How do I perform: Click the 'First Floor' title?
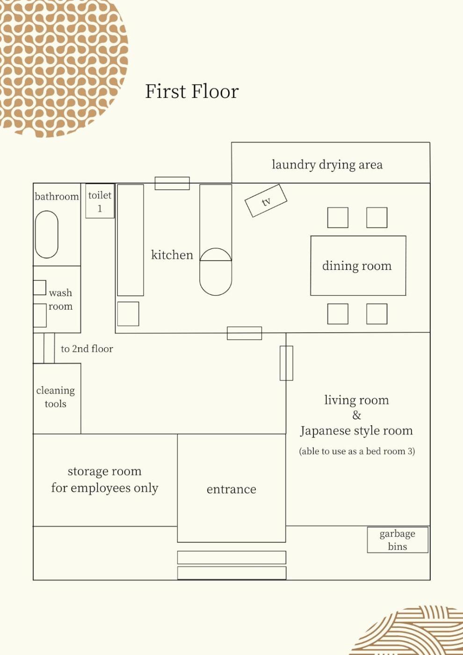point(192,92)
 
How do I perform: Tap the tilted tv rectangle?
point(266,201)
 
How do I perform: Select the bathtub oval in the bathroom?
point(46,234)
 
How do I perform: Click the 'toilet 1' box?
point(100,201)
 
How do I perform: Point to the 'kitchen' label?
point(172,255)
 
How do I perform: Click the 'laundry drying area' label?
point(327,165)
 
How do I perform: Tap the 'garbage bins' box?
point(398,540)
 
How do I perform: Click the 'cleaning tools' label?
point(56,397)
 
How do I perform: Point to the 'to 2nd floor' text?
point(87,349)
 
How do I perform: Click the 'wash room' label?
point(60,299)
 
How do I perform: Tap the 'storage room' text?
point(105,471)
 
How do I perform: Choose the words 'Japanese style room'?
point(356,431)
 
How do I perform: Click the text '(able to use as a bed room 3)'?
point(357,451)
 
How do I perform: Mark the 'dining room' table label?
point(357,266)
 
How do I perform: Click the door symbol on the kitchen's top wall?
point(172,183)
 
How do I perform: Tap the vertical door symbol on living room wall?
point(286,363)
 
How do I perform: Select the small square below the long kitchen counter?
point(128,314)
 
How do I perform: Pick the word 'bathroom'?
point(57,196)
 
